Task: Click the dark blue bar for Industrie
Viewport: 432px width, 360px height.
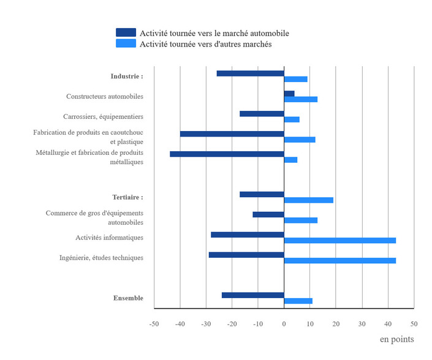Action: coord(250,73)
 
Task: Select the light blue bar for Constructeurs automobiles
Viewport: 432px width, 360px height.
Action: coord(300,99)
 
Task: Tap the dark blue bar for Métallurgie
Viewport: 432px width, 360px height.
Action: coord(227,154)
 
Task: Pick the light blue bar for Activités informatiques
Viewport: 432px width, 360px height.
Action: coord(339,241)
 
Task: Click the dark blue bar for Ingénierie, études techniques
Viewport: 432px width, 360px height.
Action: coord(246,255)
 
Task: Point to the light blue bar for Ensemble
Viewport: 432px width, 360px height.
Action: coord(298,301)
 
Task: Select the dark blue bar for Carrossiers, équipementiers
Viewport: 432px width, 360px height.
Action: coord(262,114)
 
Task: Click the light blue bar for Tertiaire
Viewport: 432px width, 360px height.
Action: coord(308,200)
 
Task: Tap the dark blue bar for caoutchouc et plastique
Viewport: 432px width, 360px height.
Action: coord(232,134)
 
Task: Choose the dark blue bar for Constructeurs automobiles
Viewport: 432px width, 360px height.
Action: coord(289,94)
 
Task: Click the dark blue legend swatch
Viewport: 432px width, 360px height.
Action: coord(126,32)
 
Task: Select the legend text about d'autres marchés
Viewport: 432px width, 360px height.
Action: coord(205,44)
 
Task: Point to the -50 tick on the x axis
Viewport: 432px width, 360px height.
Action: coord(154,323)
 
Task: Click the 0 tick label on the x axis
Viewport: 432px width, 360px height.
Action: coord(284,323)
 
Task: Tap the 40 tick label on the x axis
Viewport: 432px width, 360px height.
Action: coord(388,323)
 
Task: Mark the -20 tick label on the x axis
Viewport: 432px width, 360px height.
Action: coord(232,323)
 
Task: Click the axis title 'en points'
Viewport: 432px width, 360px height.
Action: coord(396,339)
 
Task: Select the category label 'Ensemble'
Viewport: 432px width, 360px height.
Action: coord(128,298)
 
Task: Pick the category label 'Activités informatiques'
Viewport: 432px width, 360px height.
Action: coord(109,238)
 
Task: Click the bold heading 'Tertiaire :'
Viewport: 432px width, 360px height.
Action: coord(127,197)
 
